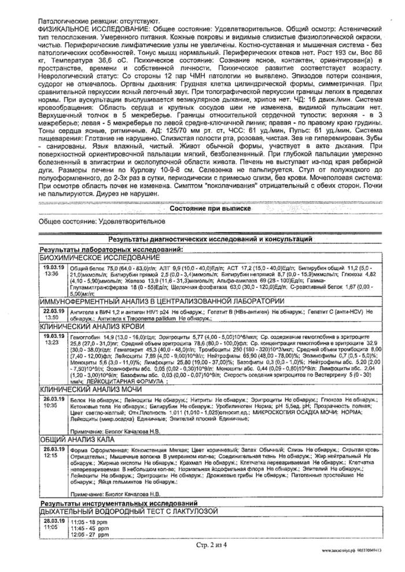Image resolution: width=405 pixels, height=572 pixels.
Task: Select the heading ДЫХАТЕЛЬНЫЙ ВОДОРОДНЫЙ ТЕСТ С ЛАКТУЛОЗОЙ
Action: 128,512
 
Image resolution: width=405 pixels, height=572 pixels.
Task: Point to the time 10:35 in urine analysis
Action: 51,405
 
